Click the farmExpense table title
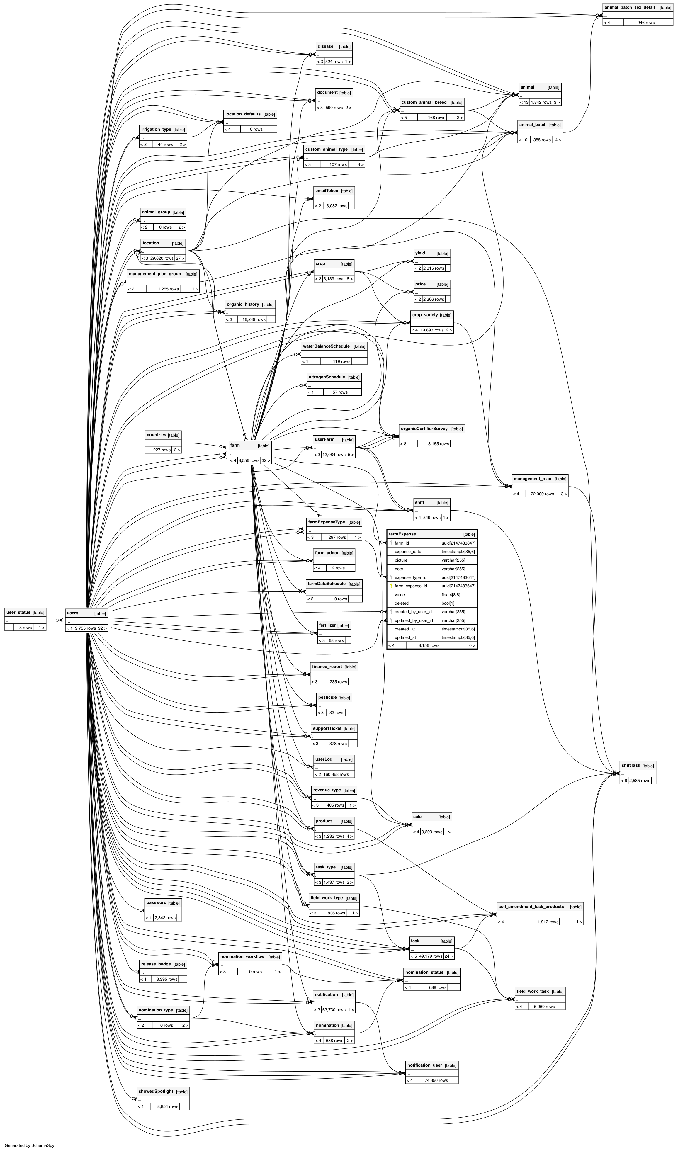402,534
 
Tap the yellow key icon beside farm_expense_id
391,586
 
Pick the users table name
72,613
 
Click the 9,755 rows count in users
85,628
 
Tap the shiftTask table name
631,766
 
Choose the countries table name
156,435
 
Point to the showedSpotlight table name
155,1091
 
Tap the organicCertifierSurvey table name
424,429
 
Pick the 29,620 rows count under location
162,258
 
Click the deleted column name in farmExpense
402,603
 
